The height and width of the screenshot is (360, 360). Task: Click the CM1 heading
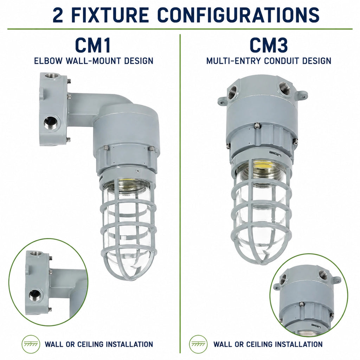[93, 45]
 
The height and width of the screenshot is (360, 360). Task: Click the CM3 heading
[269, 45]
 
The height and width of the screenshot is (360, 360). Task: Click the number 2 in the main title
[58, 15]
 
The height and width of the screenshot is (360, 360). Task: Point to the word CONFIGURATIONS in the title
[239, 15]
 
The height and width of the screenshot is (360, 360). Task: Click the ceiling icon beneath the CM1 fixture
[31, 344]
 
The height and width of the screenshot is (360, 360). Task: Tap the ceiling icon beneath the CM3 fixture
[198, 344]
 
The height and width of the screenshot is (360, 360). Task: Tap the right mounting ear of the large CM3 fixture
[302, 94]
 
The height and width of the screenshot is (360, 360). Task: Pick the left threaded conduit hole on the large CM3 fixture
[233, 91]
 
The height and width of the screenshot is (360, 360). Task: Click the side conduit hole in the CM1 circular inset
[34, 294]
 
